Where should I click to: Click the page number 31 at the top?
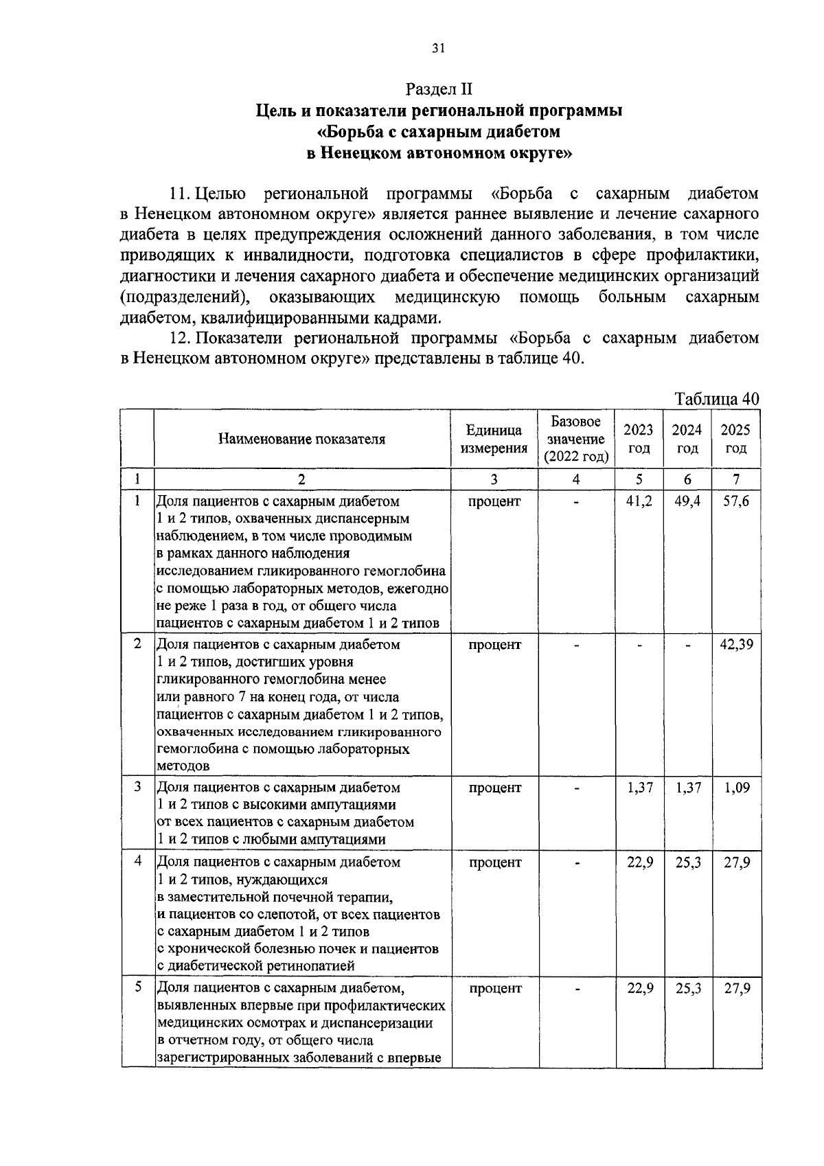pos(439,48)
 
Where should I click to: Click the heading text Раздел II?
pos(439,89)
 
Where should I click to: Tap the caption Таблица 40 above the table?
pos(717,399)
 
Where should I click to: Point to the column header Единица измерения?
pos(494,439)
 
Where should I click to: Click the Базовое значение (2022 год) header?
pos(576,439)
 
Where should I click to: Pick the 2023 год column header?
pos(639,439)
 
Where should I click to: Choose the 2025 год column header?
pos(735,439)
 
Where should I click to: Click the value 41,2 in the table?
pos(639,501)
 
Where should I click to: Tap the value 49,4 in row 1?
pos(687,501)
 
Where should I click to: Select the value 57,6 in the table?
pos(736,501)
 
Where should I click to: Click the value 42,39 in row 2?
pos(736,645)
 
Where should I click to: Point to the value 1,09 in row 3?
pos(736,788)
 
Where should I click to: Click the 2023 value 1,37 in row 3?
pos(639,788)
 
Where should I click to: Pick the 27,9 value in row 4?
pos(736,862)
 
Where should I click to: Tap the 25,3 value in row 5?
pos(687,988)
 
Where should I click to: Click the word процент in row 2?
pos(494,645)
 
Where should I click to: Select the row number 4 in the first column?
pos(138,861)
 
